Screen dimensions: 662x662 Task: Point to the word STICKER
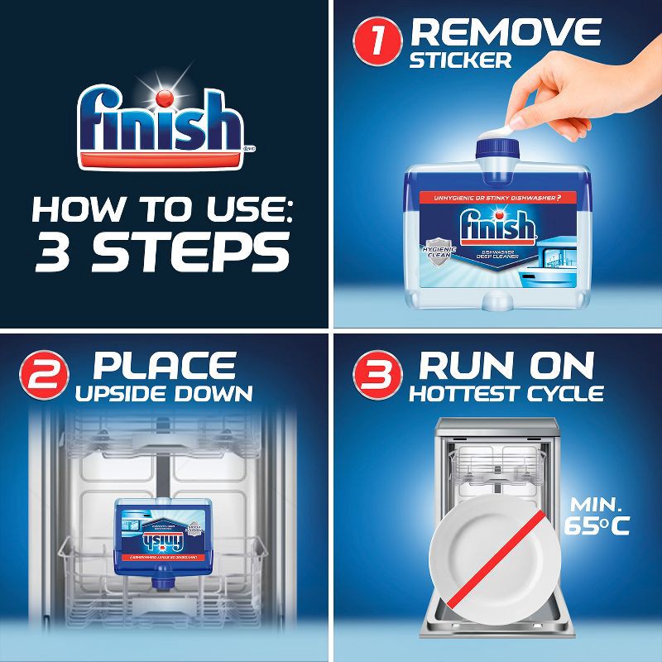[x=461, y=61]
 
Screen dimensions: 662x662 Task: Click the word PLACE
[x=165, y=365]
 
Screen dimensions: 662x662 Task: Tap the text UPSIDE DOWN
[x=165, y=393]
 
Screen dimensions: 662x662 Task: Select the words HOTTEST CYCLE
[x=506, y=393]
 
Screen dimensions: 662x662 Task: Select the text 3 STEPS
[x=162, y=252]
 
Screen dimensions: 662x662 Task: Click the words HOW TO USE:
[x=162, y=208]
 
